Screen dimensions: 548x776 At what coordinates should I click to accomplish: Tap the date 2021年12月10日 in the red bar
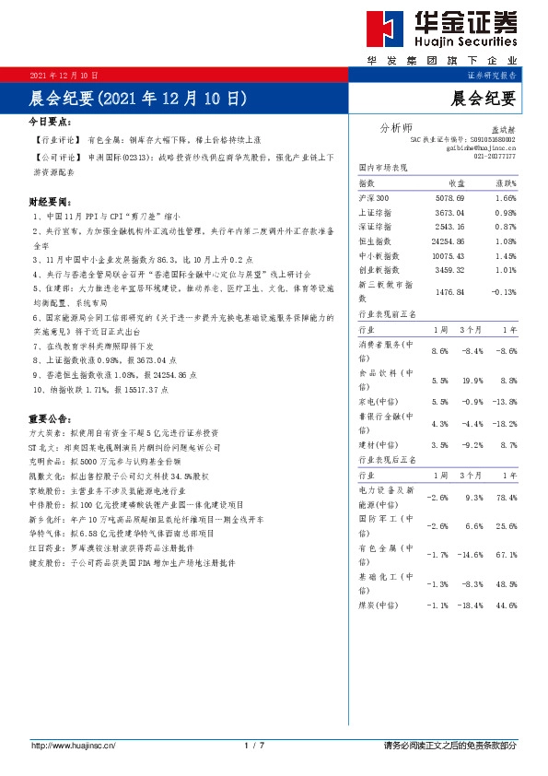point(64,75)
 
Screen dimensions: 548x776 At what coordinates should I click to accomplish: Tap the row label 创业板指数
point(379,268)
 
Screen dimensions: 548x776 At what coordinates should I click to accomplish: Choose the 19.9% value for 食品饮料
point(474,380)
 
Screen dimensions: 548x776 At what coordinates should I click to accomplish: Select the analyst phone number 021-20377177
point(495,157)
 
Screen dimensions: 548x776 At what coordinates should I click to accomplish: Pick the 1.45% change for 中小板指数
point(504,254)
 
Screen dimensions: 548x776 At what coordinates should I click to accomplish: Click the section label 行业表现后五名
point(387,458)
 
